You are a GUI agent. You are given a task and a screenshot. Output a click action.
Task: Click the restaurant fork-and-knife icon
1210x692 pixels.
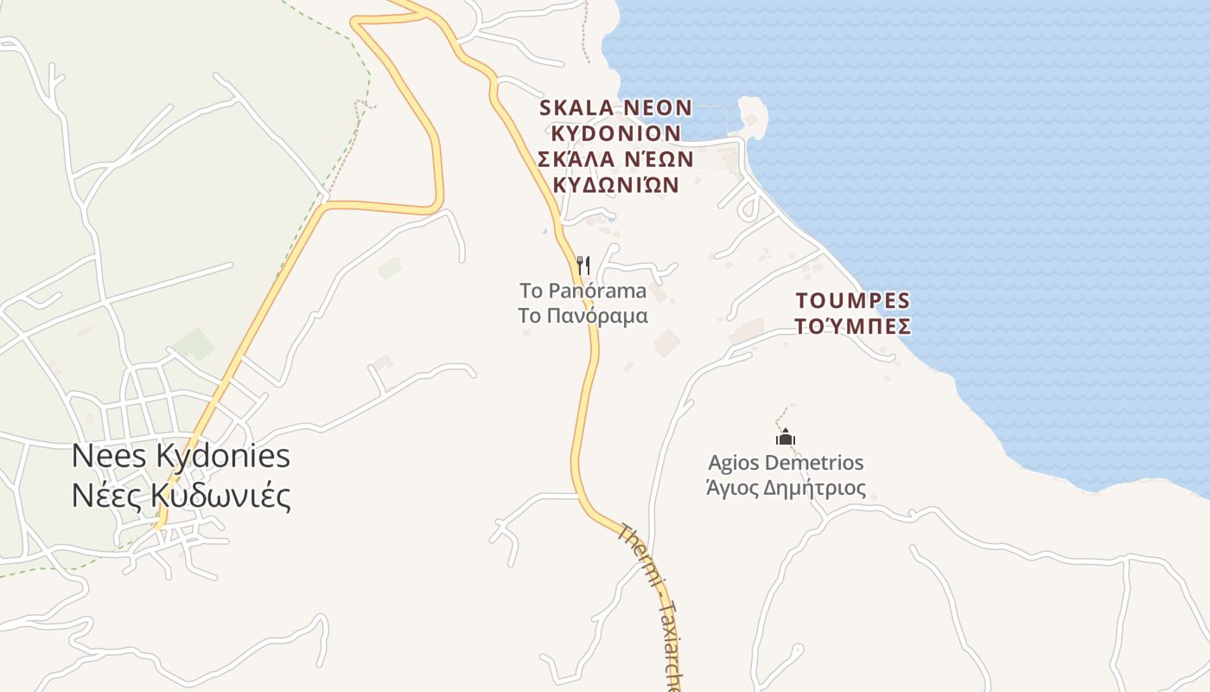(x=583, y=265)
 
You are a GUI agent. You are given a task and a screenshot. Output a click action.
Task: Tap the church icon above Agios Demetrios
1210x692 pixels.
(x=786, y=437)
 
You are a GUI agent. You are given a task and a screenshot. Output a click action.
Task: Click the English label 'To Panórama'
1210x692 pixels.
(x=583, y=291)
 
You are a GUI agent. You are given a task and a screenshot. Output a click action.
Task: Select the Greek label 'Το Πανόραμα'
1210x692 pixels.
(x=583, y=315)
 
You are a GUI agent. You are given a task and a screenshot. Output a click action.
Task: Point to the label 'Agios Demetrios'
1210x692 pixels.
(x=786, y=463)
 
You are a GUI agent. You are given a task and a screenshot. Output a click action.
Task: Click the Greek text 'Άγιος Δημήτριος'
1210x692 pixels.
(x=786, y=488)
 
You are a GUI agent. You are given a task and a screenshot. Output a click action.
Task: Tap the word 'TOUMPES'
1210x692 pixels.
(x=853, y=301)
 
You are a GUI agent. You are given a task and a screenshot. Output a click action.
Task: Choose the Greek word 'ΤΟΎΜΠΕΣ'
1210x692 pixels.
(x=853, y=326)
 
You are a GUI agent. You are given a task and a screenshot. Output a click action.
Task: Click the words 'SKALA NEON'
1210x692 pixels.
(x=615, y=108)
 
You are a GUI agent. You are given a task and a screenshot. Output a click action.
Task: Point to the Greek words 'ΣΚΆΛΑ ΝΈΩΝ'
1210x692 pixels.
(x=615, y=159)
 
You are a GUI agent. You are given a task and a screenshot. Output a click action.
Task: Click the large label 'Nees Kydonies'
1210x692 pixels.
(x=181, y=457)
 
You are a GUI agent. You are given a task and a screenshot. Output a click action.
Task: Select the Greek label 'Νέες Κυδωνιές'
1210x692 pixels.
(x=181, y=496)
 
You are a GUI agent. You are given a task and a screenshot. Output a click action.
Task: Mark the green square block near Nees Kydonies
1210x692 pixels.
(x=194, y=343)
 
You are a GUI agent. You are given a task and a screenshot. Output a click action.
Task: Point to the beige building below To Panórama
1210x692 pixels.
(x=666, y=343)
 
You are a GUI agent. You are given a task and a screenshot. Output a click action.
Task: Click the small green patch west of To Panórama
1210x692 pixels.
(x=390, y=268)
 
